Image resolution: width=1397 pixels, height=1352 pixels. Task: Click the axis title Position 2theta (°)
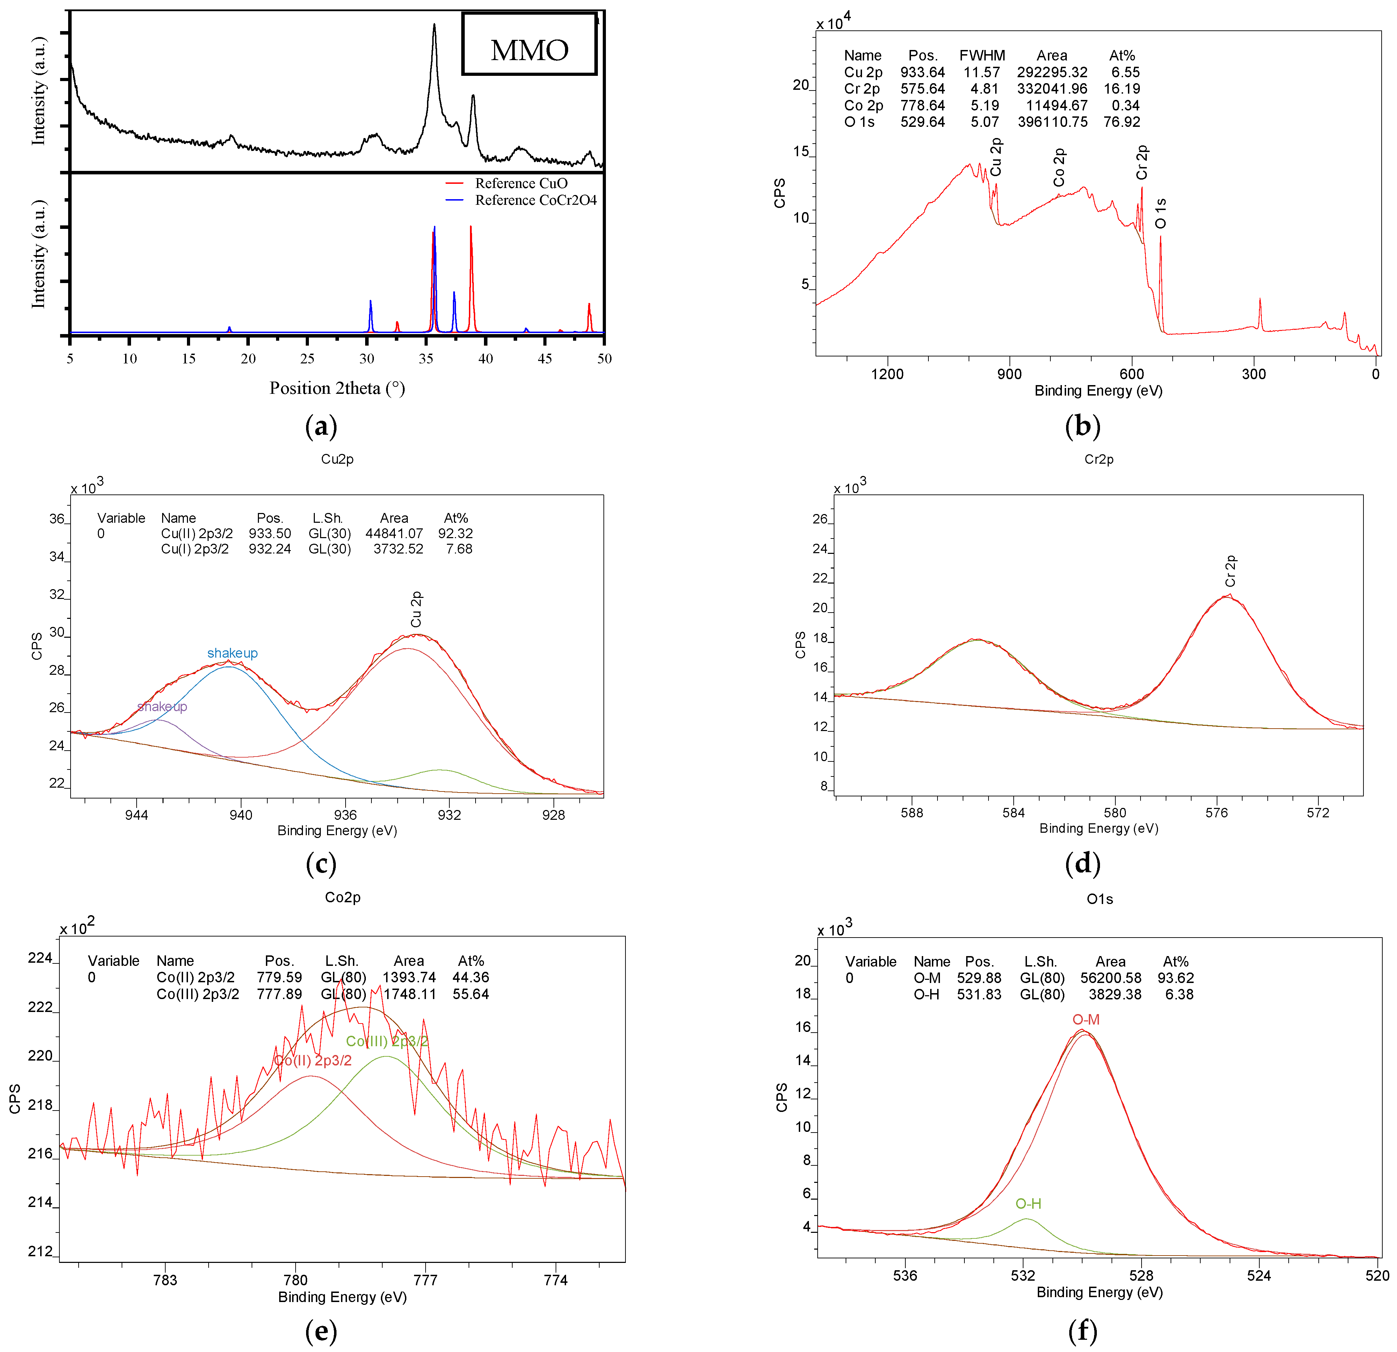337,389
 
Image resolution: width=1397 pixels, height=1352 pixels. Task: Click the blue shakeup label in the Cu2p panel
232,653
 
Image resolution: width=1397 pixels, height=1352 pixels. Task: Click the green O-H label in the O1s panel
1028,1204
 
